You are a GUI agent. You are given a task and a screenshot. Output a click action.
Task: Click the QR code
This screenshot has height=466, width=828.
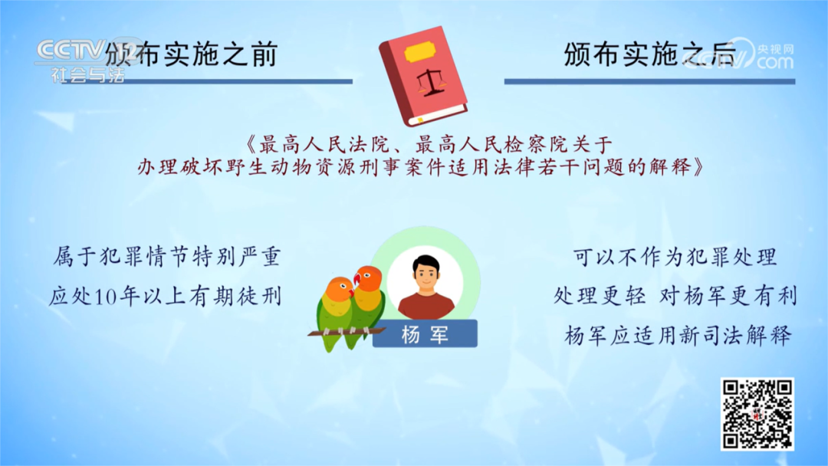(757, 413)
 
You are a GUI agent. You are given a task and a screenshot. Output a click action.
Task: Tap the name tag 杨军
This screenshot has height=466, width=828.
(425, 334)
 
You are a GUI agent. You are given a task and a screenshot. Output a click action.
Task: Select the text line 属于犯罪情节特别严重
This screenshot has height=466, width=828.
(166, 256)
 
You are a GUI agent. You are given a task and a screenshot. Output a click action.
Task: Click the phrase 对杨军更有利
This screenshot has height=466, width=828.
(728, 296)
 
